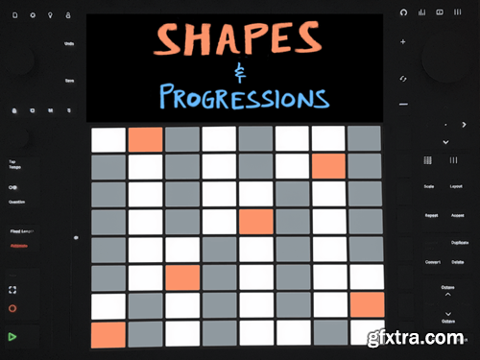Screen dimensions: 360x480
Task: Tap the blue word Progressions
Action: [x=245, y=96]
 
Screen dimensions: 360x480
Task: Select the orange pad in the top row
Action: [x=145, y=139]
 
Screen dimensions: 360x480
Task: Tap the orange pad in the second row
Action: [x=328, y=167]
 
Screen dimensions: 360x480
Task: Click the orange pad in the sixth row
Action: [x=181, y=278]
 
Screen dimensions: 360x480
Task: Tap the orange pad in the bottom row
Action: [x=108, y=334]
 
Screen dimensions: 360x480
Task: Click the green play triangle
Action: [x=12, y=336]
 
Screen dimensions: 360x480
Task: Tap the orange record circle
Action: [x=12, y=309]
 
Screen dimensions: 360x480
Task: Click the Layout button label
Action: [x=458, y=186]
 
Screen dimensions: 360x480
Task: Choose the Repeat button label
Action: [x=431, y=215]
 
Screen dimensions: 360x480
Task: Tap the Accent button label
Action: [x=458, y=215]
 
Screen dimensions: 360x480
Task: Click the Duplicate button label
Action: [x=458, y=243]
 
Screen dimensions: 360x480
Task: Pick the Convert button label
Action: [x=432, y=261]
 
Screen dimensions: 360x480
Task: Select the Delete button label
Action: [x=458, y=261]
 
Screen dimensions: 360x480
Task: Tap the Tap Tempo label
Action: [x=14, y=164]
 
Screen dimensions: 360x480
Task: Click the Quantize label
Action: [x=16, y=202]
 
